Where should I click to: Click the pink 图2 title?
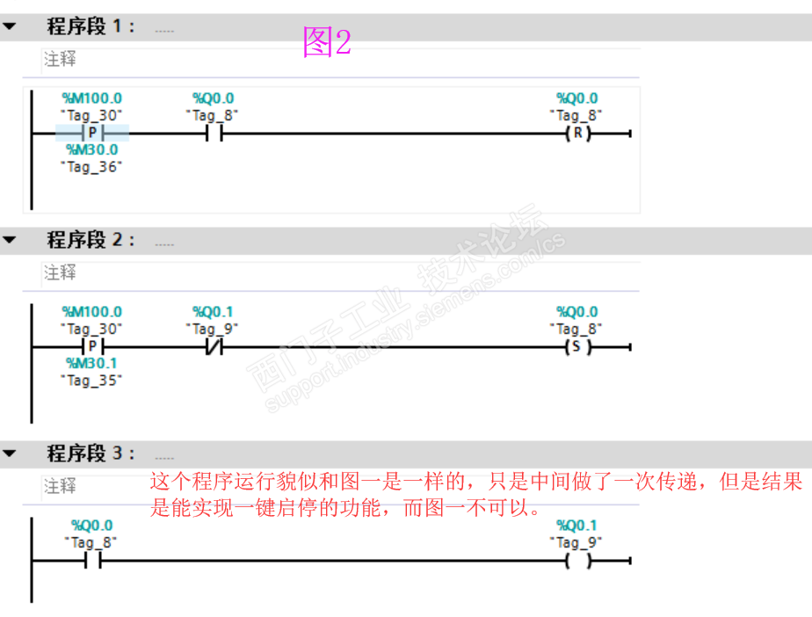(327, 41)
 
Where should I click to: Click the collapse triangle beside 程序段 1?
(10, 26)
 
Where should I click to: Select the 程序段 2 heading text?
(91, 239)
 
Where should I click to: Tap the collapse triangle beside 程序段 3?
(10, 454)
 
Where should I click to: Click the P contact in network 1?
(92, 134)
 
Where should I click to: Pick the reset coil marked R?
(576, 134)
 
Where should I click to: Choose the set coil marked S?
(576, 347)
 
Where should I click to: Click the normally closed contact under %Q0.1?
(214, 347)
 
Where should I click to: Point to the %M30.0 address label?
(91, 150)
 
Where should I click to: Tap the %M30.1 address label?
(91, 364)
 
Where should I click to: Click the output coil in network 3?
(577, 561)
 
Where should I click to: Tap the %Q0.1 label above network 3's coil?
(577, 526)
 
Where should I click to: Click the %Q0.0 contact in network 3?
(92, 561)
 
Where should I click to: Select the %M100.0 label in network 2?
(91, 312)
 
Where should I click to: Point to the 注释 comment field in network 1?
(60, 60)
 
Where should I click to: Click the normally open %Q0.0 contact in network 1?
(214, 134)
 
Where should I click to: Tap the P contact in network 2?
(92, 347)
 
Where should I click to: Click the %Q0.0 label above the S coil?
(577, 312)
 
